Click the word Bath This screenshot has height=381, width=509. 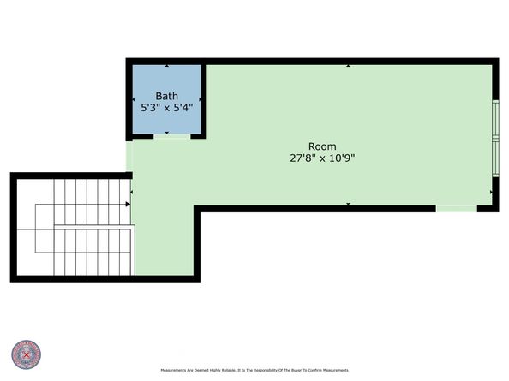click(x=166, y=95)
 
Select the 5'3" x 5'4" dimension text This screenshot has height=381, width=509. click(x=166, y=109)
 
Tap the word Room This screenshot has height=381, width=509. click(x=322, y=146)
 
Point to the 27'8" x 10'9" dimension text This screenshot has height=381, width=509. click(x=322, y=158)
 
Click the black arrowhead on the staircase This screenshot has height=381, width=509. click(x=127, y=204)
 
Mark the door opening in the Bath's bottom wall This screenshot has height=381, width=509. click(x=172, y=137)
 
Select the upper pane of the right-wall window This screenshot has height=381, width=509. click(x=494, y=119)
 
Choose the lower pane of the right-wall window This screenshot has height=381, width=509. click(x=494, y=158)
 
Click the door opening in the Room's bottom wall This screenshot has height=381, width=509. click(x=456, y=208)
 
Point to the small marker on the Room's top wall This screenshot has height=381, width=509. click(x=348, y=65)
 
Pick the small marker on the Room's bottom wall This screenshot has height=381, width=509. click(x=348, y=204)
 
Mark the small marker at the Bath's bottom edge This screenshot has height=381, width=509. click(x=166, y=133)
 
